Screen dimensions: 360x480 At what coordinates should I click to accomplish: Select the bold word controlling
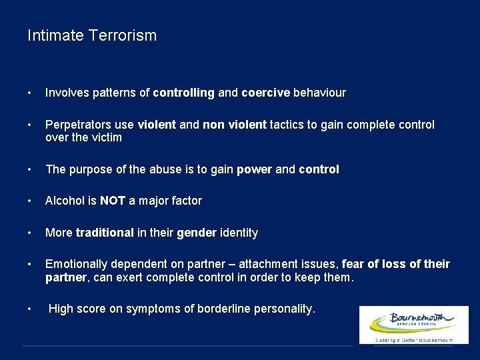pos(183,93)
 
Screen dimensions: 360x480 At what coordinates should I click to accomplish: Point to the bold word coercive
pos(265,93)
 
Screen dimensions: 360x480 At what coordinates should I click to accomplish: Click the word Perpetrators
pos(77,125)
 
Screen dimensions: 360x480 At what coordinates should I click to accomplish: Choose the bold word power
pos(253,169)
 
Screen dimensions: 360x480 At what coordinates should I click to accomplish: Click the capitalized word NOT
pos(113,201)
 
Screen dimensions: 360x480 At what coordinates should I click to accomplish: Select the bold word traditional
pos(105,233)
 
